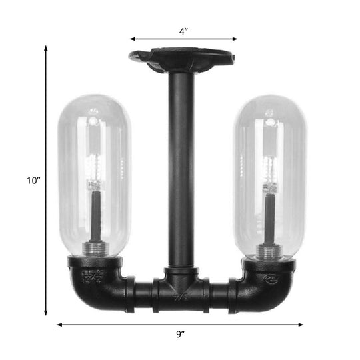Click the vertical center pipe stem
[x=181, y=167]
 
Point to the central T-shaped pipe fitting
[x=181, y=287]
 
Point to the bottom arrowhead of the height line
[x=46, y=313]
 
